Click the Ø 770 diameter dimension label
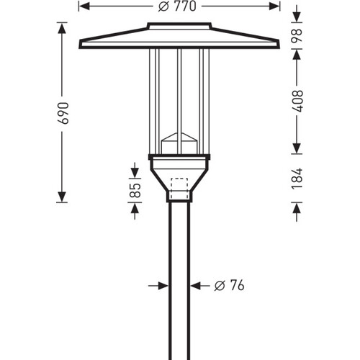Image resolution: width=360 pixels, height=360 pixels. [177, 6]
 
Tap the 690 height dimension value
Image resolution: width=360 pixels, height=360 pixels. [64, 113]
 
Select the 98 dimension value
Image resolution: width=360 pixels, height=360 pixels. [297, 36]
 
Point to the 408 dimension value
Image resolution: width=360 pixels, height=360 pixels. [297, 101]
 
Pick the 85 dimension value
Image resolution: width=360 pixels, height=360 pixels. [135, 190]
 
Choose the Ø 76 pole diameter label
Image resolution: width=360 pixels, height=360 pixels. [229, 285]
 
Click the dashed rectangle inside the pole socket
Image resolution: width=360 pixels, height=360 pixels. [179, 189]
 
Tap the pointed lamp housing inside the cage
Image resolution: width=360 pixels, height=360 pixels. [179, 143]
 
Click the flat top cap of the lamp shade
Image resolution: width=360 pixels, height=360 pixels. [179, 26]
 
